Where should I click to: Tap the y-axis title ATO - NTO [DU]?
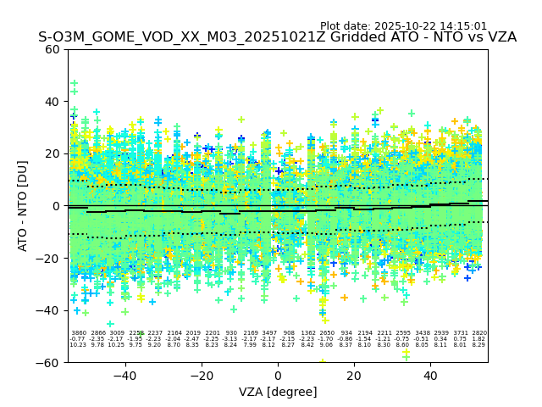[x=24, y=205]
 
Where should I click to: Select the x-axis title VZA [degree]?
[x=278, y=392]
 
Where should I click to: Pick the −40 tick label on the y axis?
[x=51, y=310]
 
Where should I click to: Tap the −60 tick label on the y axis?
[x=51, y=362]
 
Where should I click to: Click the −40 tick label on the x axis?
[x=124, y=375]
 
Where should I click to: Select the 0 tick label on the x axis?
[x=278, y=375]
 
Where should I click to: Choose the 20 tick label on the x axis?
[x=354, y=375]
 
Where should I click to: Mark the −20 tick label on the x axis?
[x=201, y=375]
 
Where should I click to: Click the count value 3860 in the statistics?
[x=79, y=333]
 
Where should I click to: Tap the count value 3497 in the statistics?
[x=269, y=333]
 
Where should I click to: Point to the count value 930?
[x=231, y=333]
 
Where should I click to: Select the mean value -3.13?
[x=231, y=339]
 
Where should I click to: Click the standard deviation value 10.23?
[x=78, y=345]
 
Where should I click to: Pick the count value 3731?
[x=460, y=333]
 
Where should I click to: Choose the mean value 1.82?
[x=479, y=339]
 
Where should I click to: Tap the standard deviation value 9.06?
[x=327, y=345]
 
